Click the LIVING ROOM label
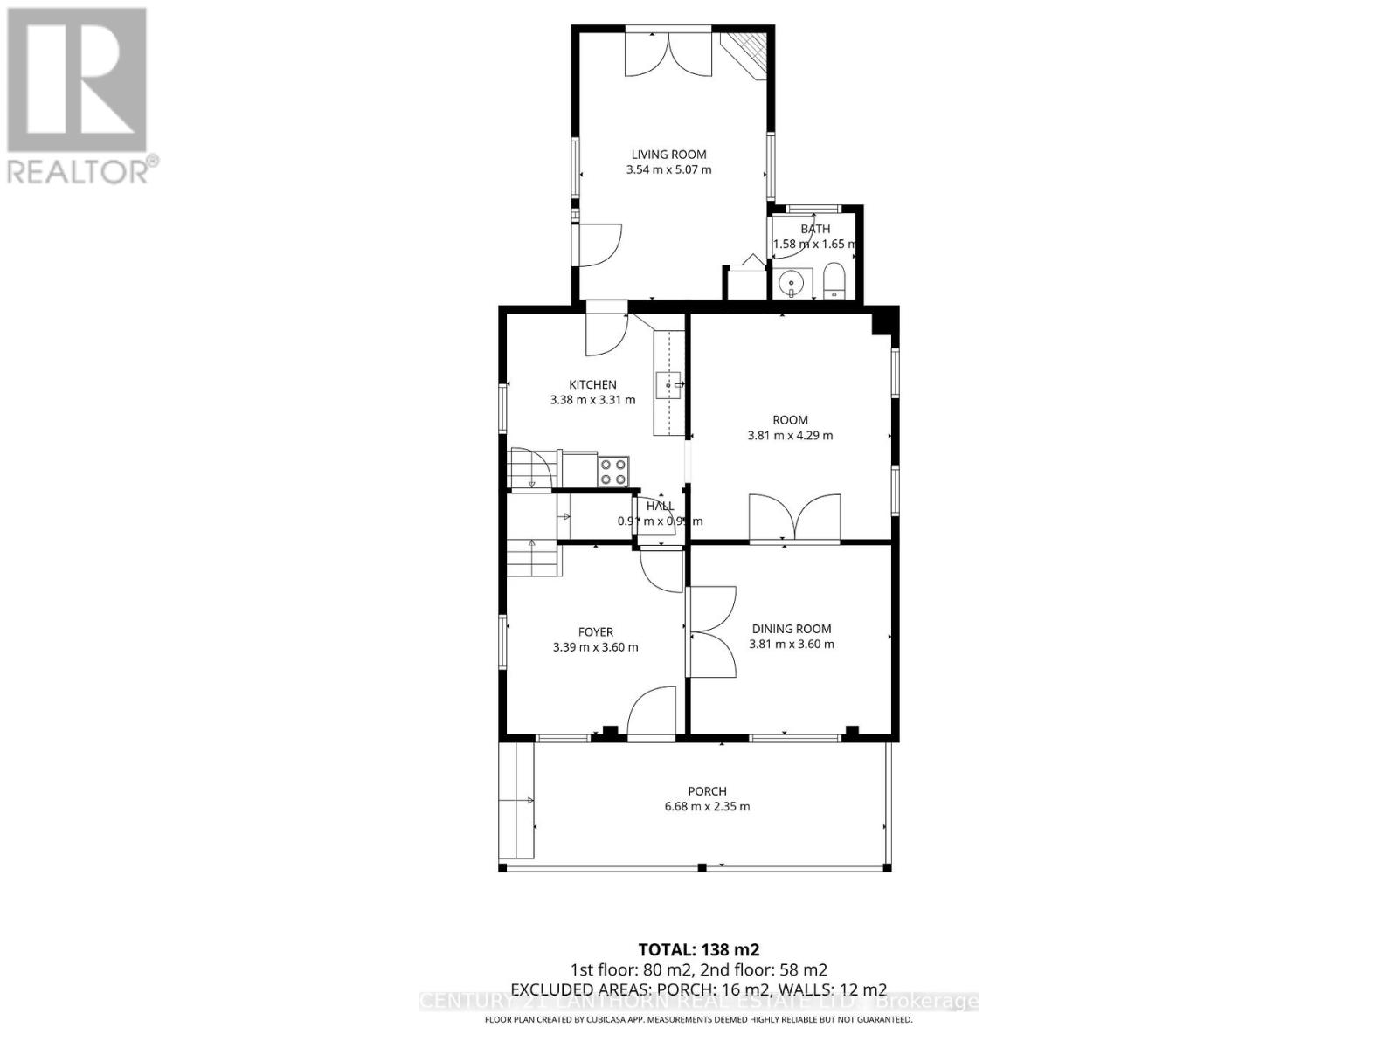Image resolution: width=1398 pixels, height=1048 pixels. click(668, 155)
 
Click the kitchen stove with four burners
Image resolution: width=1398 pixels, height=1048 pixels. click(612, 472)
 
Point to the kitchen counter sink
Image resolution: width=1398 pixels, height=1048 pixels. click(670, 385)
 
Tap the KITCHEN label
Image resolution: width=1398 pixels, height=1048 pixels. click(592, 384)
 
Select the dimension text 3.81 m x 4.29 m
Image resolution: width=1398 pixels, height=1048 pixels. click(790, 435)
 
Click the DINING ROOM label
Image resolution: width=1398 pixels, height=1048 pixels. click(792, 629)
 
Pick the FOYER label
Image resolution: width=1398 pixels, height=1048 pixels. click(595, 631)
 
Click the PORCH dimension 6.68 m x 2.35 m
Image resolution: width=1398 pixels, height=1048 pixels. click(707, 806)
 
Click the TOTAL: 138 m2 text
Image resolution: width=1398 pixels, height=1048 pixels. click(698, 949)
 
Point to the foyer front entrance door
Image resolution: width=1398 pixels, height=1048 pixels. click(652, 712)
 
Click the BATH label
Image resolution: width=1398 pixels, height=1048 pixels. click(815, 229)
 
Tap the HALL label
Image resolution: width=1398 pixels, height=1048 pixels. click(660, 506)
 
